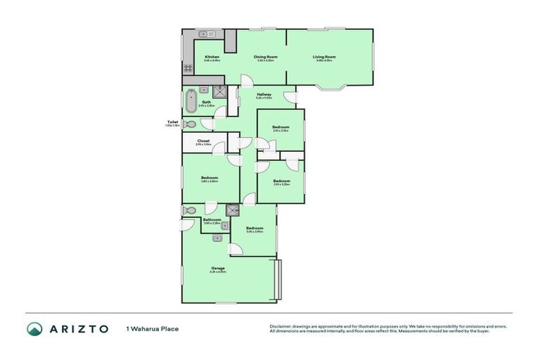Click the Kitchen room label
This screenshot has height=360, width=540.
click(x=212, y=56)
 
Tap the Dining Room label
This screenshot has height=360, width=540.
click(x=265, y=56)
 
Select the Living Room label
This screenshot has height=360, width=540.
click(x=326, y=56)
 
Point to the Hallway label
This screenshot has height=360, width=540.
click(x=264, y=94)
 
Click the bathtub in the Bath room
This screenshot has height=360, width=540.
click(x=191, y=101)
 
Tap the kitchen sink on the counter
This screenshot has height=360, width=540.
click(x=206, y=33)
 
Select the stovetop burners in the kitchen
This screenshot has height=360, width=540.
click(x=188, y=68)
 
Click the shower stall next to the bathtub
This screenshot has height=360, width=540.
click(x=220, y=91)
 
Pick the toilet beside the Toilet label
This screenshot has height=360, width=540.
click(x=188, y=124)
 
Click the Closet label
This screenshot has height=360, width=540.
click(x=203, y=141)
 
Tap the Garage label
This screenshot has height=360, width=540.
click(x=217, y=268)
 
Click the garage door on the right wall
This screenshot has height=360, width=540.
click(x=278, y=280)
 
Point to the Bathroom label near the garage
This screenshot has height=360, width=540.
click(x=212, y=219)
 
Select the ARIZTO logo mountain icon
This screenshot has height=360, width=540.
click(x=34, y=328)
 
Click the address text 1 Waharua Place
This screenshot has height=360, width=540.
click(x=152, y=328)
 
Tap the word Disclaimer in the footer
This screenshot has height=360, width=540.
click(x=280, y=326)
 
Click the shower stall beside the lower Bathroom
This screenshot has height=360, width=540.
click(x=233, y=210)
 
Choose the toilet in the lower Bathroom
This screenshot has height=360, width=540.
click(x=188, y=210)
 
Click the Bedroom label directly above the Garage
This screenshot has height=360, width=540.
click(x=255, y=228)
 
